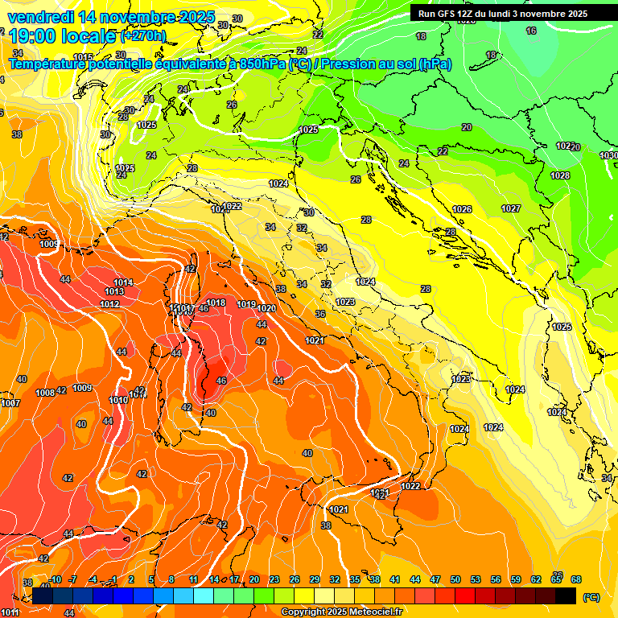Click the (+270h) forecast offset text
[x=143, y=36]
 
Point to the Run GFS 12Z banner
[x=502, y=14]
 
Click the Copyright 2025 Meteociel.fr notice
[x=342, y=612]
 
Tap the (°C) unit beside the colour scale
[x=591, y=596]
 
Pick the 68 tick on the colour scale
[x=576, y=579]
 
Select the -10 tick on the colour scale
[x=55, y=579]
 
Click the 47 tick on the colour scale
[x=435, y=579]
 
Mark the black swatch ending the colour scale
[x=566, y=596]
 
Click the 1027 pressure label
[x=511, y=208]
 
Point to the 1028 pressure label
[x=560, y=175]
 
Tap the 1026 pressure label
[x=462, y=209]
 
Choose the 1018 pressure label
[x=216, y=303]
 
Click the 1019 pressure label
[x=246, y=305]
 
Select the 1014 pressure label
[x=123, y=282]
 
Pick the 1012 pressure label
[x=110, y=304]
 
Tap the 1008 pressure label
[x=45, y=393]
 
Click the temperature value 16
[x=531, y=31]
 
